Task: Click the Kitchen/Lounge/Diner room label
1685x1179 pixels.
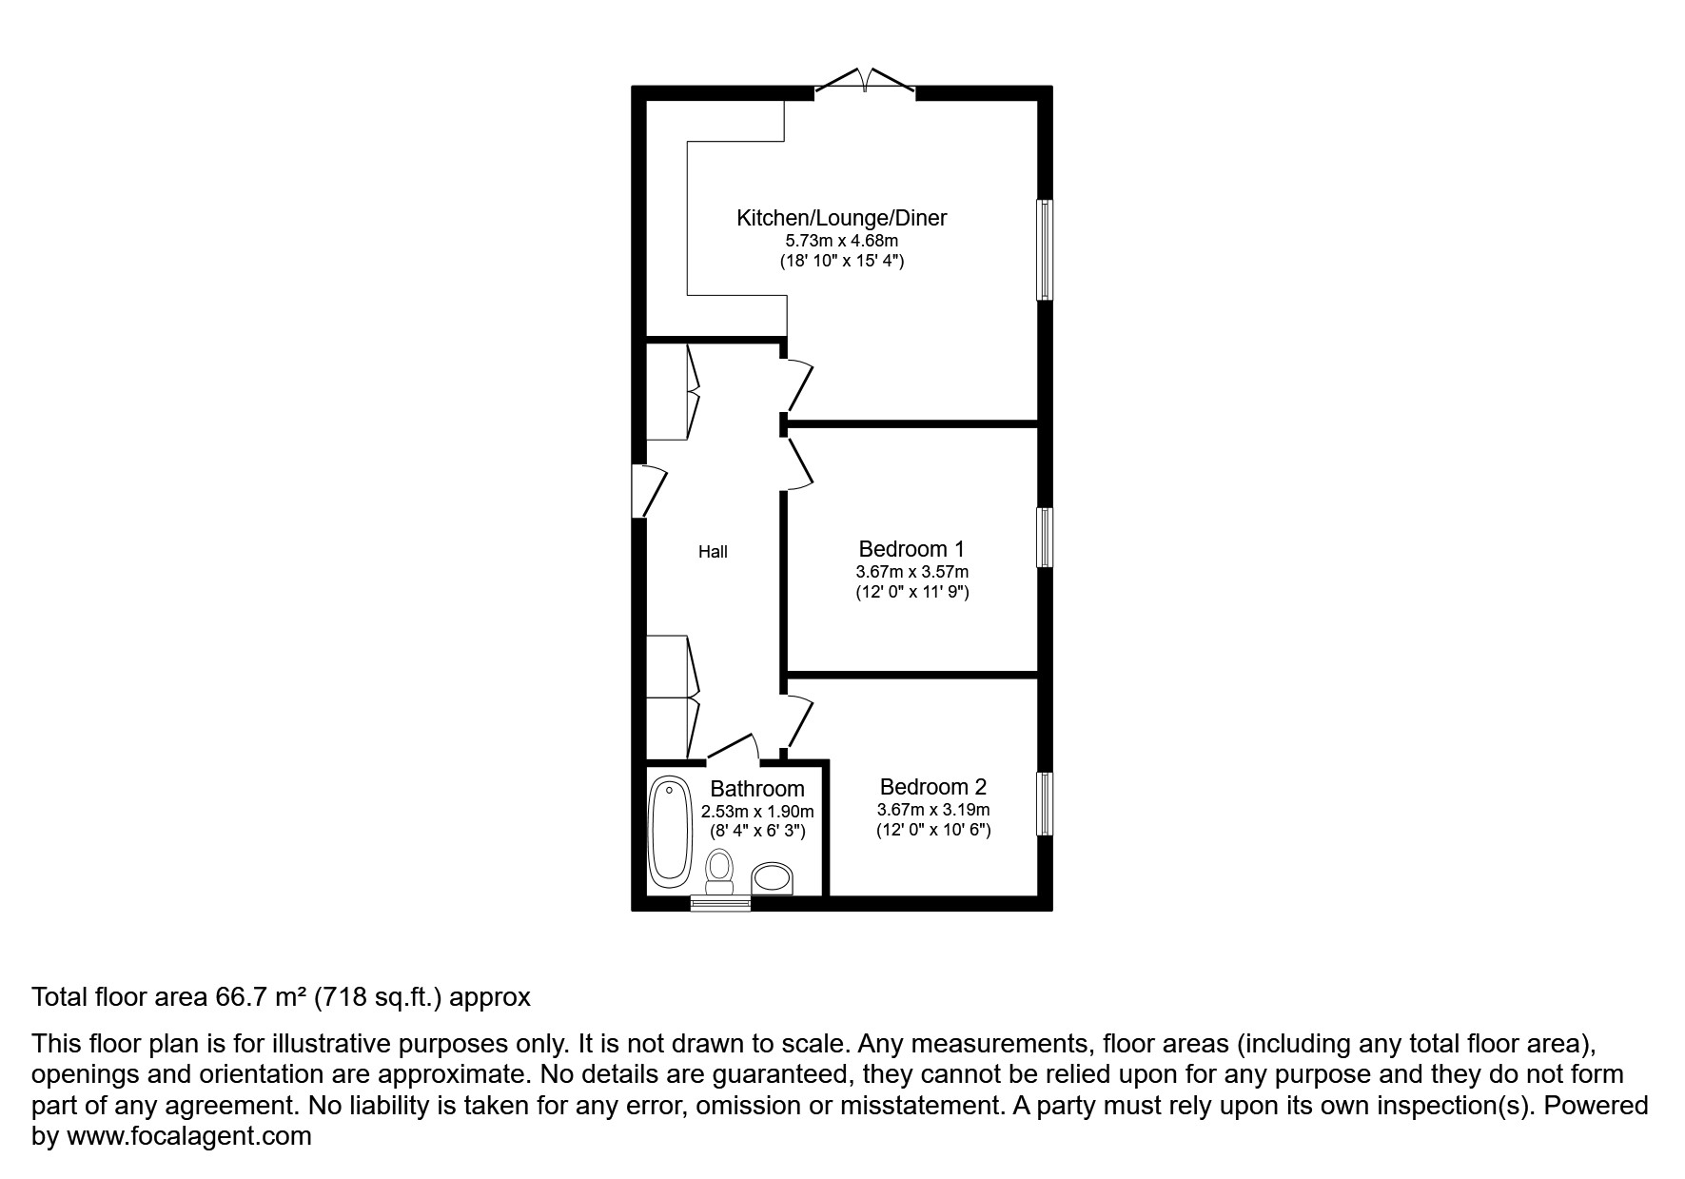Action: tap(841, 218)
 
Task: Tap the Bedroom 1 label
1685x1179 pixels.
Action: tap(911, 549)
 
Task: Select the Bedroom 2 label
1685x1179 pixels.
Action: tap(932, 787)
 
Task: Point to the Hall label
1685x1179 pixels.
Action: tap(713, 552)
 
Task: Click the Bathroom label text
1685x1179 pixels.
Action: tap(757, 789)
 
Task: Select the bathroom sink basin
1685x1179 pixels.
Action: tap(773, 878)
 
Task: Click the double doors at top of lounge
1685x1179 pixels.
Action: tap(864, 82)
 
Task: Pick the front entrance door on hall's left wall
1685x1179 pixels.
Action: tap(651, 490)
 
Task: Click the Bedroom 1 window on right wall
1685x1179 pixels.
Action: tap(1045, 538)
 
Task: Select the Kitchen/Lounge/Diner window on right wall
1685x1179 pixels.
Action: tap(1045, 249)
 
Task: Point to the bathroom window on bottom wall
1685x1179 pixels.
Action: tap(720, 903)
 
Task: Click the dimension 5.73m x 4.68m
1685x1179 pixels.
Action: tap(841, 241)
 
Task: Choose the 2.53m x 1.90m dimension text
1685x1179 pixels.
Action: tap(757, 812)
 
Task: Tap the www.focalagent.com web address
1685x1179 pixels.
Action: tap(188, 1136)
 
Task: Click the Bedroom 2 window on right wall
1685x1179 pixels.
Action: tap(1045, 803)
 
